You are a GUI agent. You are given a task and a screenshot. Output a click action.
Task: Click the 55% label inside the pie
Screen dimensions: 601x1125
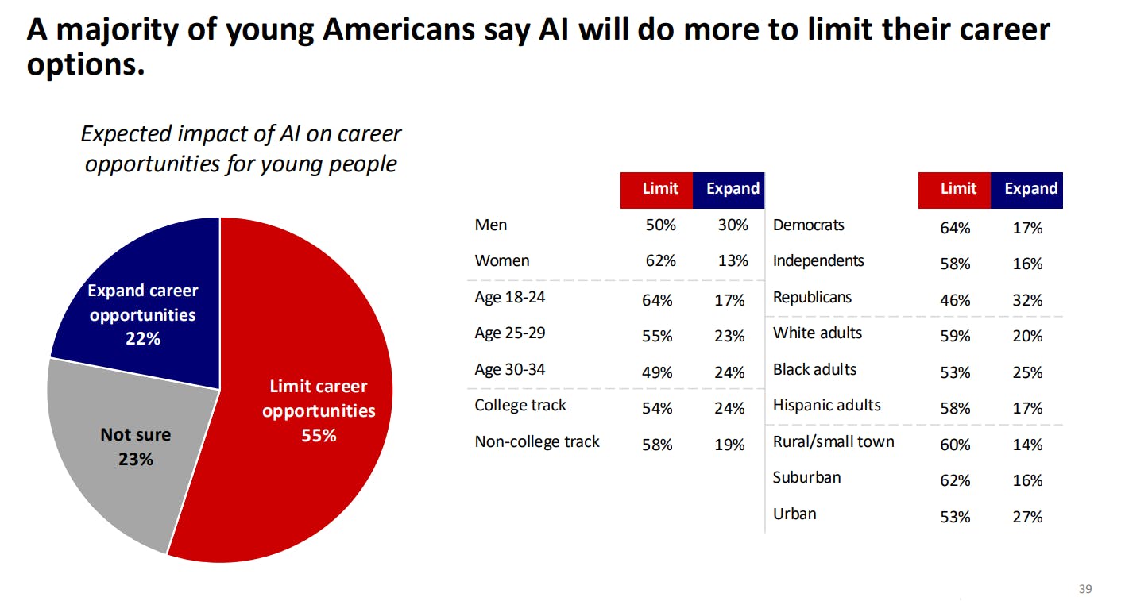(319, 436)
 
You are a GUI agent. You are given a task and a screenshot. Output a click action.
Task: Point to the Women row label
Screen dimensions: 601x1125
(501, 261)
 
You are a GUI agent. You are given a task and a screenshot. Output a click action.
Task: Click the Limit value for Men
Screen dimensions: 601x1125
(660, 225)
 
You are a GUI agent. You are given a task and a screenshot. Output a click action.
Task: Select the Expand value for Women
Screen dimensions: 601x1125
(733, 261)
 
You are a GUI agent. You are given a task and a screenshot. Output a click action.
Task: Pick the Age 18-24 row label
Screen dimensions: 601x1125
(509, 298)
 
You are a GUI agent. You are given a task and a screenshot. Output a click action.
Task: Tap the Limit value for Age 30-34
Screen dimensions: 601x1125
(657, 372)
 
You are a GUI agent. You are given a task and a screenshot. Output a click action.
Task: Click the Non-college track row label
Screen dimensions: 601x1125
(537, 442)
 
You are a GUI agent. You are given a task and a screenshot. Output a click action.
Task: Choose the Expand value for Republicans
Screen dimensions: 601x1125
(1027, 301)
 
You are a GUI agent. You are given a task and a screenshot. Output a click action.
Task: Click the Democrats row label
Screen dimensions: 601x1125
(808, 225)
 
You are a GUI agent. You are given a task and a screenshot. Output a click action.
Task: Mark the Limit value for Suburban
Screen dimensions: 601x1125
(955, 481)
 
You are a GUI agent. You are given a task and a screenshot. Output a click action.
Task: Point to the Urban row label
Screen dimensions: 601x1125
(794, 514)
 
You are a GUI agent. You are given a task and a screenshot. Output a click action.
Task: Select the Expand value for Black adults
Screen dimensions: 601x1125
(1027, 373)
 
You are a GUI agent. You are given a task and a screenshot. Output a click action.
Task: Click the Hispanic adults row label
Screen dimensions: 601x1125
(826, 406)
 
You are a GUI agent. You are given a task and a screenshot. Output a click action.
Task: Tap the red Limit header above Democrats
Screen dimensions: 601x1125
(957, 190)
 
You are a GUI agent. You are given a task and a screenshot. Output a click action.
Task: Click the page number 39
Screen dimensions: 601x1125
(1085, 589)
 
